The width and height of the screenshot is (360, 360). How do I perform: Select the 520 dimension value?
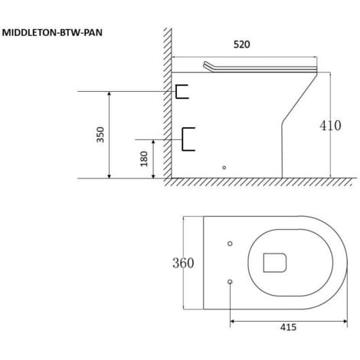(x=241, y=44)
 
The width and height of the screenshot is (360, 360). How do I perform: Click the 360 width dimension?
(x=182, y=263)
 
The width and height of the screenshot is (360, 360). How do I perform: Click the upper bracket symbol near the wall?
(x=182, y=92)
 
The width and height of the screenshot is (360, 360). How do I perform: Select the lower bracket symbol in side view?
(x=188, y=138)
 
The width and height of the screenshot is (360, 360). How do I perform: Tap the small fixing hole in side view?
(x=224, y=167)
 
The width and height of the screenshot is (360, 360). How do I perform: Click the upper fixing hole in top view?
(x=230, y=244)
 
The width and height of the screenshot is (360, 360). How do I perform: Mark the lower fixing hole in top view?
(x=230, y=281)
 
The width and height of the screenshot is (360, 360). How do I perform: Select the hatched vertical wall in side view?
(x=165, y=107)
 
